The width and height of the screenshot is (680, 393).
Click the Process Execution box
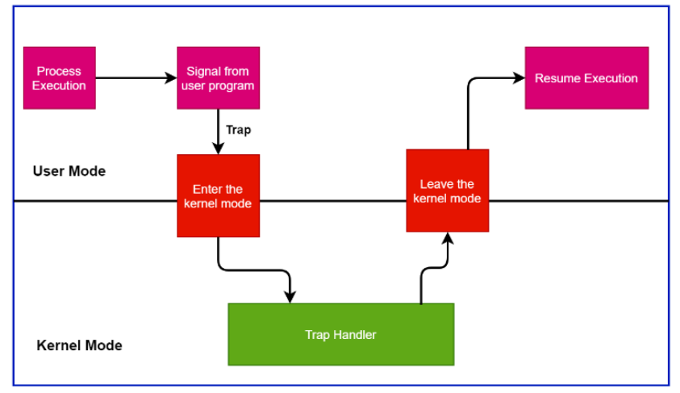point(60,78)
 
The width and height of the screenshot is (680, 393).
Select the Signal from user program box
point(218,78)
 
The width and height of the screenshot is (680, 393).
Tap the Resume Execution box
point(586,78)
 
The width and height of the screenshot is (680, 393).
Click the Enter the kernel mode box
point(218,195)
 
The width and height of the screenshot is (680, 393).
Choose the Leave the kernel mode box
point(448,190)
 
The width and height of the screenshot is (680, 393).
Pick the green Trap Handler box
point(341,334)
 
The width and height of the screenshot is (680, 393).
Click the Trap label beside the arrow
point(239,130)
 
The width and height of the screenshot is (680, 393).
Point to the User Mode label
point(69,171)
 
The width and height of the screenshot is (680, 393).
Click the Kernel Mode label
point(79,345)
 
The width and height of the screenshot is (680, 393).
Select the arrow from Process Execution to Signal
point(136,78)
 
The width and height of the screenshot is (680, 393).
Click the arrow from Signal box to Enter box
point(218,132)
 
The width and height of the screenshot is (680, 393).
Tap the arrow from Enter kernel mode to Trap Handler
point(254,270)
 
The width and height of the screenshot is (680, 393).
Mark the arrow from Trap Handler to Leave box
point(434,268)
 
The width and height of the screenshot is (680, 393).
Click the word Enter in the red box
point(206,189)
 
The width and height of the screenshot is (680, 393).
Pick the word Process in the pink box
point(59,71)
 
